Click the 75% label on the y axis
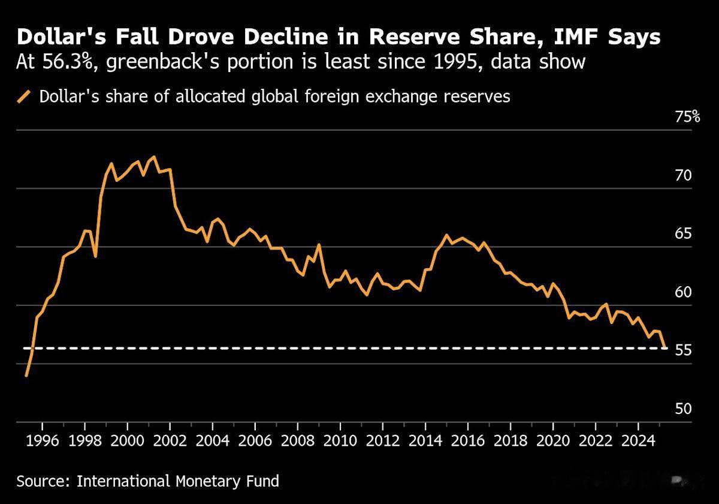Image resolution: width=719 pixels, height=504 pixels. point(687,117)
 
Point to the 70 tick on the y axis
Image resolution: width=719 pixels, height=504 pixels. point(684,176)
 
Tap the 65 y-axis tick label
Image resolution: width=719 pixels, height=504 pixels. point(684,234)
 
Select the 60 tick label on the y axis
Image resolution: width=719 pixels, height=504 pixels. point(684,292)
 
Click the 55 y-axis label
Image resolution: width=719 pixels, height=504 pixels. point(684,350)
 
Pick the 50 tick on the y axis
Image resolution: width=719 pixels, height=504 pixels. point(684,409)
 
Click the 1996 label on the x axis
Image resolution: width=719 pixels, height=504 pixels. point(42,443)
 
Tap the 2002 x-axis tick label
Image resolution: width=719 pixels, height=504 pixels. point(170,443)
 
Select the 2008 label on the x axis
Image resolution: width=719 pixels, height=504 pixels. point(297,443)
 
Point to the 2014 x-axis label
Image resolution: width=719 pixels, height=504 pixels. point(425,443)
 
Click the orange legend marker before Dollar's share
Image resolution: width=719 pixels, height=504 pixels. point(25,97)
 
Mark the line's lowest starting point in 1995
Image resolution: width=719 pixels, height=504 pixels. point(26,376)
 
